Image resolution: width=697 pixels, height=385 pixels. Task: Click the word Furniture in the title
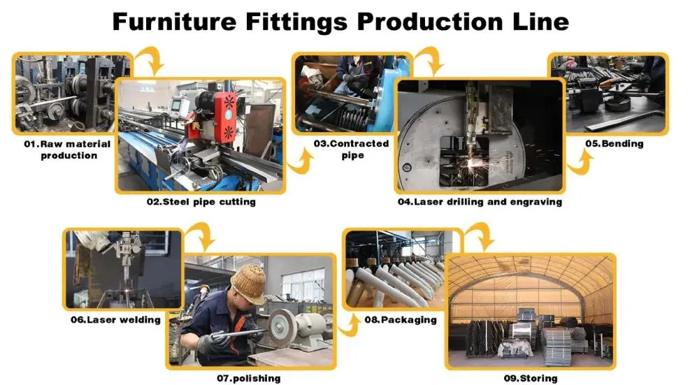pos(175,22)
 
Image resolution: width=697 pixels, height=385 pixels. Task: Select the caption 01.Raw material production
pos(68,150)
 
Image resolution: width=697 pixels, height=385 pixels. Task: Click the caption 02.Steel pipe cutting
pos(201,202)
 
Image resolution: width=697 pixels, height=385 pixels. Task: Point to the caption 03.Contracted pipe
pos(352,150)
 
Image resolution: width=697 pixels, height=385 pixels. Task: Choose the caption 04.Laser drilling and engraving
pos(480,202)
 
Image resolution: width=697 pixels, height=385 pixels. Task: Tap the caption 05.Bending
pos(615,143)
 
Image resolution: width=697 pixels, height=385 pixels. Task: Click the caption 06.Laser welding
pos(115,320)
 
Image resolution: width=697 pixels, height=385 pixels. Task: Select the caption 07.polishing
pos(249,378)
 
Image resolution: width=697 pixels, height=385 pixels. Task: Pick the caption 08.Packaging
pos(401,320)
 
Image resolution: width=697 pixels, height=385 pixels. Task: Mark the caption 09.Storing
pos(531,378)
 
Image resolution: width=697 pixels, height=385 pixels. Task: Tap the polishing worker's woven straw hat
pos(249,283)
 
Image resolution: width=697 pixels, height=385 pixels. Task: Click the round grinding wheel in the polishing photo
pos(281,328)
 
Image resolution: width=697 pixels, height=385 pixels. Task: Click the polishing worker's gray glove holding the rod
pos(213,342)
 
